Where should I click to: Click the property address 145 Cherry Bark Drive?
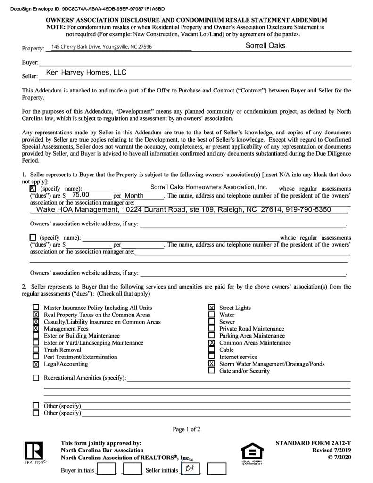pos(101,47)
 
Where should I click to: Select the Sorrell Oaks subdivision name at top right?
pos(265,46)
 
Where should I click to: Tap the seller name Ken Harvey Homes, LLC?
pos(86,73)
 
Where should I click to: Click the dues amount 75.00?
pos(81,194)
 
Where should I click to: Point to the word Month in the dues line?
pos(134,196)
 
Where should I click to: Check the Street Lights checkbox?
pos(212,308)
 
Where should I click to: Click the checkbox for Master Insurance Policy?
pos(36,308)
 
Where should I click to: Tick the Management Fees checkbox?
pos(36,329)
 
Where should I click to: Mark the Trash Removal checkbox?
pos(36,350)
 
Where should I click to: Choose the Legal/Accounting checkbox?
pos(36,364)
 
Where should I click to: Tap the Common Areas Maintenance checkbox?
pos(212,343)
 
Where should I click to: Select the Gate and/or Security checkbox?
pos(212,371)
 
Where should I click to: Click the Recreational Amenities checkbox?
pos(36,378)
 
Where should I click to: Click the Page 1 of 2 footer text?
pos(186,429)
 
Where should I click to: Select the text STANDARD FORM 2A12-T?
pos(313,443)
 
